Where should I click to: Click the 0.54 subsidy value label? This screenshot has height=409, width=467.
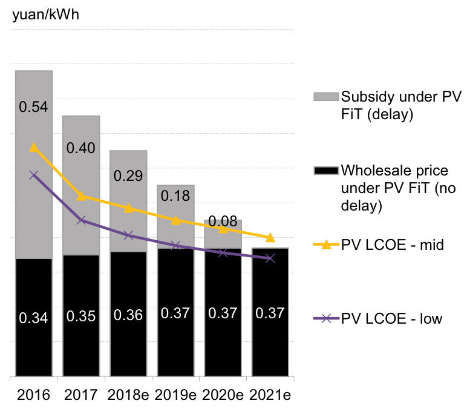33,107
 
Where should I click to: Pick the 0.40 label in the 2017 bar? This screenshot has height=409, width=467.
80,148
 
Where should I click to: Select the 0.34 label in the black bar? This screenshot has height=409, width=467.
33,317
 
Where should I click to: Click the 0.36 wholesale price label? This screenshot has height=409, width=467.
128,315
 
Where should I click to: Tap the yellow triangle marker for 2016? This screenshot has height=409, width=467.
34,147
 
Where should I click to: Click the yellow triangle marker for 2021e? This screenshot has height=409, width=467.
270,237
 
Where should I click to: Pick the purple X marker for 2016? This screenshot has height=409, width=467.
34,175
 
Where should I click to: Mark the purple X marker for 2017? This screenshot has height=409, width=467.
81,220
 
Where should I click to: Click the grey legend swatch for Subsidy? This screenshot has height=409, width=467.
325,97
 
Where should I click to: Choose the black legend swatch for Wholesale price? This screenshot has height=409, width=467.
325,170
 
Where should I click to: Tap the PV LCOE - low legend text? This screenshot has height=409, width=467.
391,318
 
